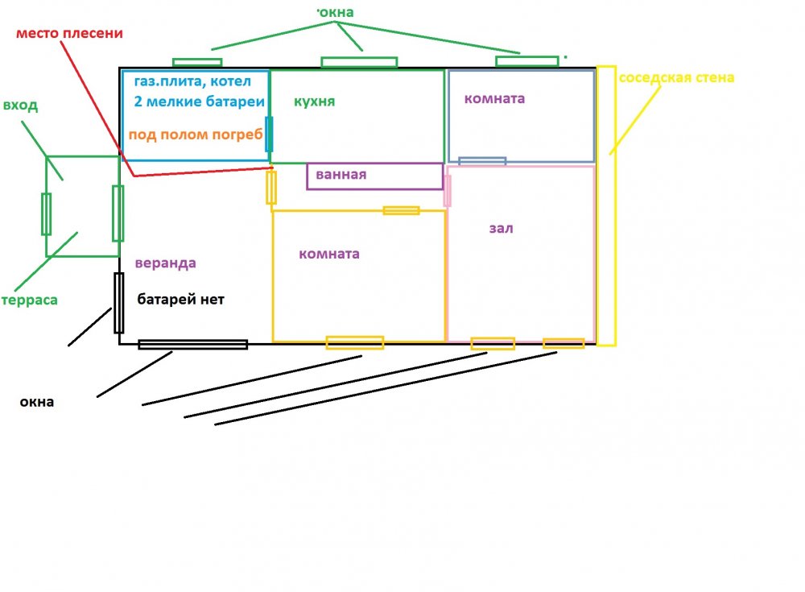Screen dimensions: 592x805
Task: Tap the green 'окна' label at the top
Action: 336,13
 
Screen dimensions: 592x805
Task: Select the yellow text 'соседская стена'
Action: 676,78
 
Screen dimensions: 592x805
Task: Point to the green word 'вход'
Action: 20,106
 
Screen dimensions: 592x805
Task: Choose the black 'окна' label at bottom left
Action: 37,402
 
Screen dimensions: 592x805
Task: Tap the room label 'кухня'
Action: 314,102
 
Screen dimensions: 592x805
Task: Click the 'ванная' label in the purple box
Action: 341,174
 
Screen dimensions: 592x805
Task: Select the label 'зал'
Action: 501,229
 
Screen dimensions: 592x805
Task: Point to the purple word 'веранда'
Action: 165,263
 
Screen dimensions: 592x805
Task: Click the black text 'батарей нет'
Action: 180,300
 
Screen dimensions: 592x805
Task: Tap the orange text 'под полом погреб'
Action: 196,135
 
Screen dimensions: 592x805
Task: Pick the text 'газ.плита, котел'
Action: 193,81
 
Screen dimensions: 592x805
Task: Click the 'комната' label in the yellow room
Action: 328,255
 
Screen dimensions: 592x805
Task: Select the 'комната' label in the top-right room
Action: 494,99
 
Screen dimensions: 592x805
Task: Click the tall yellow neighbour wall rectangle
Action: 606,205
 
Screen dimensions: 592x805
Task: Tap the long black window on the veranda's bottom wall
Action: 192,345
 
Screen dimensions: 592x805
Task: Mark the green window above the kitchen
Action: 359,62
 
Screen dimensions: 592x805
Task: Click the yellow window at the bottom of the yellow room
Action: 354,342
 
